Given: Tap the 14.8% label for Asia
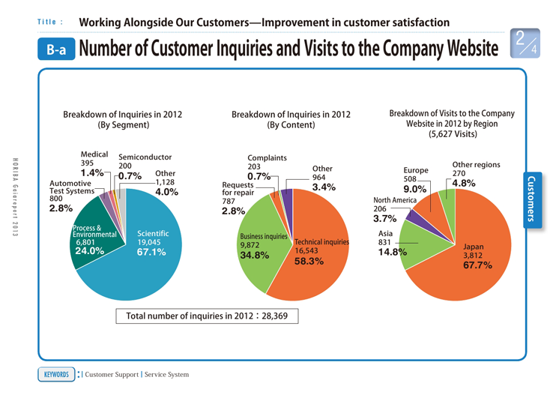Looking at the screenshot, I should point(393,252).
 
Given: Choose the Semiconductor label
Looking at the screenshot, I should point(145,157).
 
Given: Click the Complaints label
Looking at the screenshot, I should point(268,156).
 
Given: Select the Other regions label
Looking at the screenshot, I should point(477,163).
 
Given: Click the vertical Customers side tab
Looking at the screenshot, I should point(532,199).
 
